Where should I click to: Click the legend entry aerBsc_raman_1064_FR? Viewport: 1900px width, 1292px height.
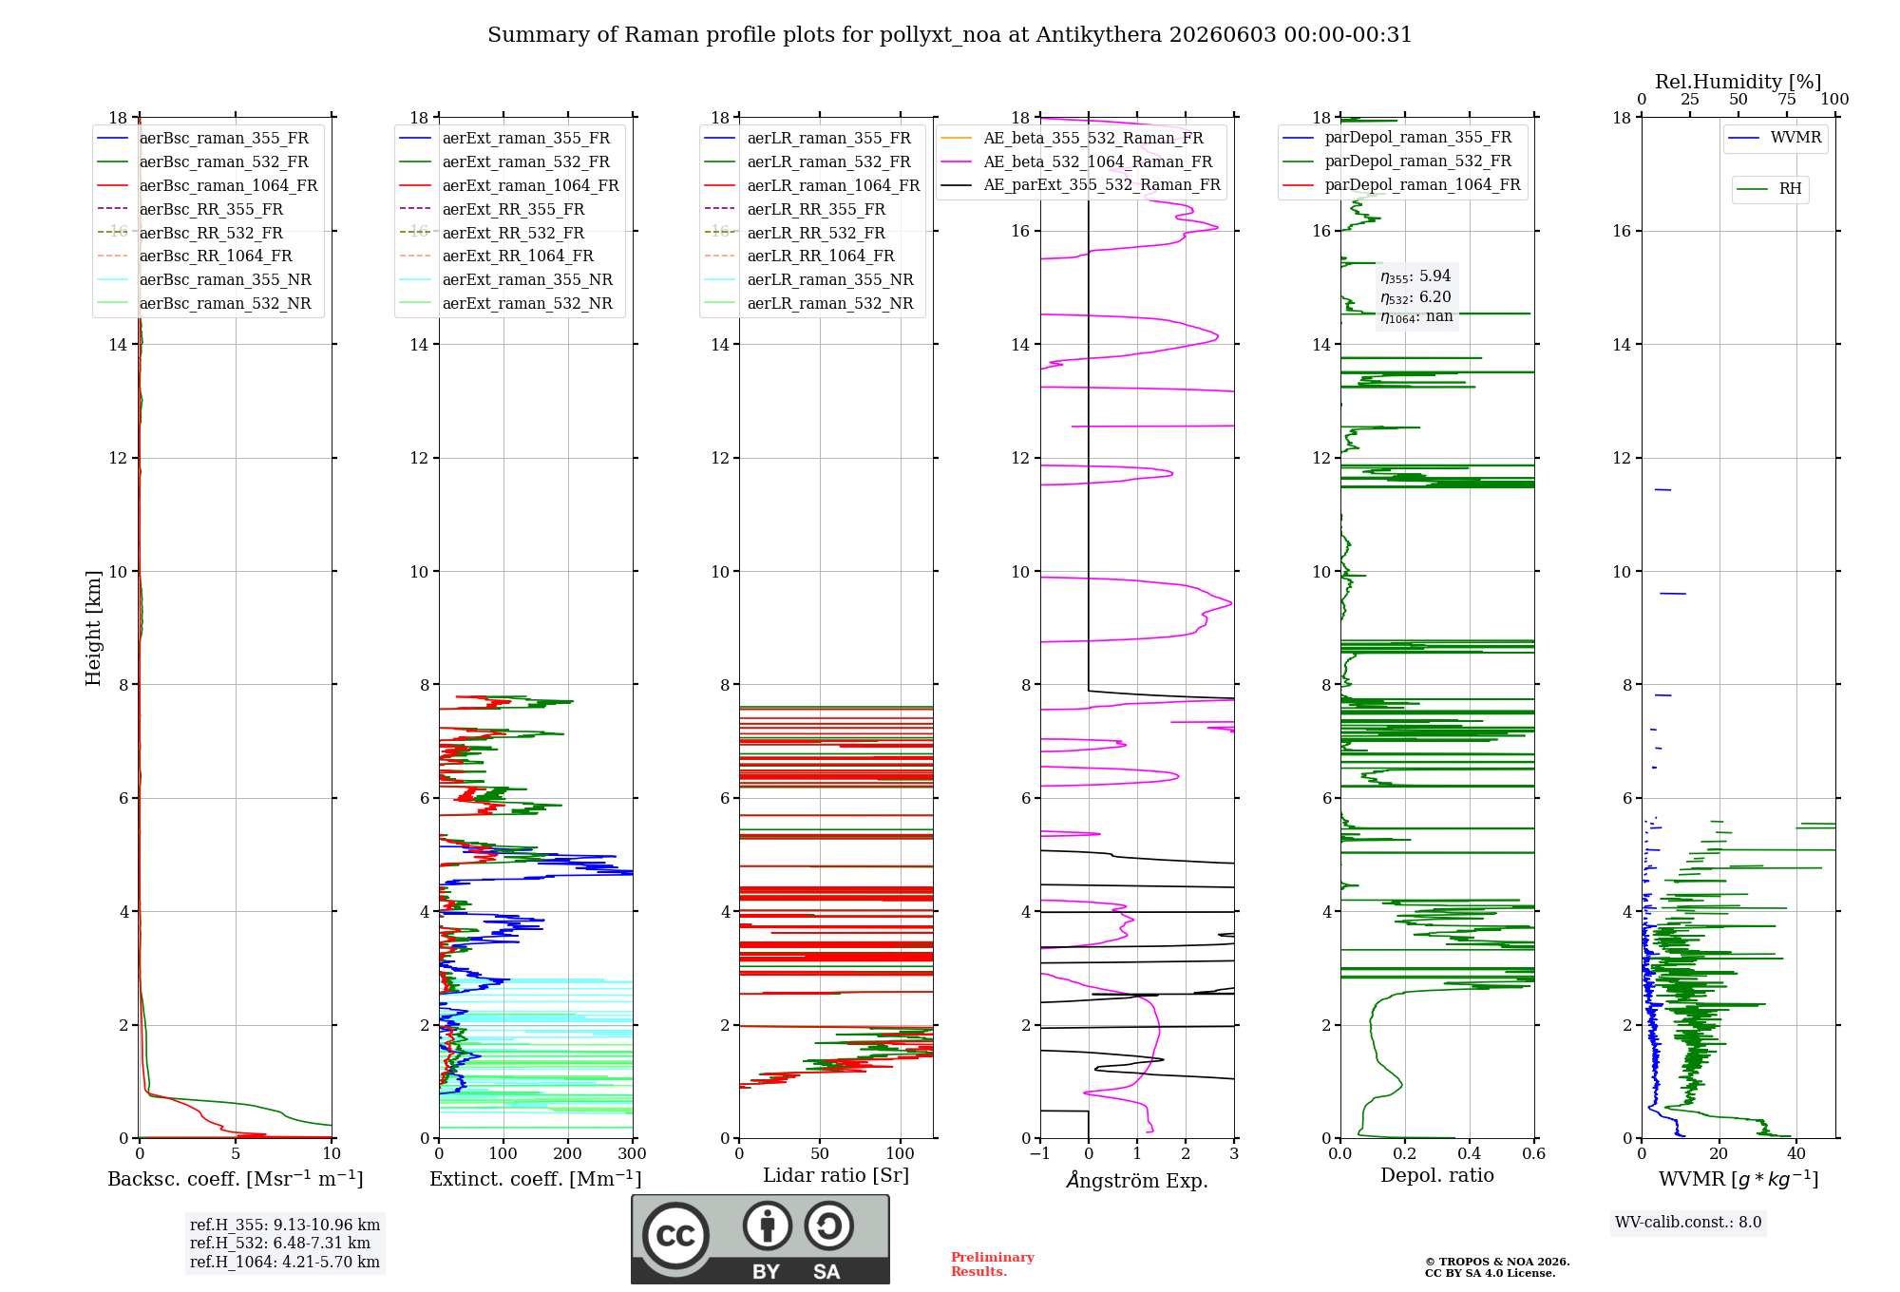click(x=207, y=185)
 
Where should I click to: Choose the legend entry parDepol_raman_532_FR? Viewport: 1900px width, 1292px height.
click(x=1396, y=161)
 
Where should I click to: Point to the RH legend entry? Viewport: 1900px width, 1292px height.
click(x=1769, y=189)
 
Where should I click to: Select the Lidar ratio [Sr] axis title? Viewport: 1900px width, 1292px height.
click(x=836, y=1175)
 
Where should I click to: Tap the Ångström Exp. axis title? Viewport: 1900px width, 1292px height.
click(x=1137, y=1180)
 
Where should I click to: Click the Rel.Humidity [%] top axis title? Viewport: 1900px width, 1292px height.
click(x=1738, y=82)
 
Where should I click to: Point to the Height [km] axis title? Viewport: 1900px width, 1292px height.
click(x=93, y=628)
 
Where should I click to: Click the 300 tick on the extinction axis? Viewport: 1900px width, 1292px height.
click(x=633, y=1153)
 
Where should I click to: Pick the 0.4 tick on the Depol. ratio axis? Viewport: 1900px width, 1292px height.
click(x=1470, y=1153)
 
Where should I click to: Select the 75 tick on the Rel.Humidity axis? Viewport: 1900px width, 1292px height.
click(x=1787, y=99)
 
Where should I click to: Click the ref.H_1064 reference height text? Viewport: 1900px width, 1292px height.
click(x=285, y=1262)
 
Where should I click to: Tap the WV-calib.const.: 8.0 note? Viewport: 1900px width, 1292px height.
click(x=1688, y=1222)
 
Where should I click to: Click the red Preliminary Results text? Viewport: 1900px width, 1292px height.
click(x=993, y=1264)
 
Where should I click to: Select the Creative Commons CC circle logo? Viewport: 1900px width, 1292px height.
click(x=676, y=1236)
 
